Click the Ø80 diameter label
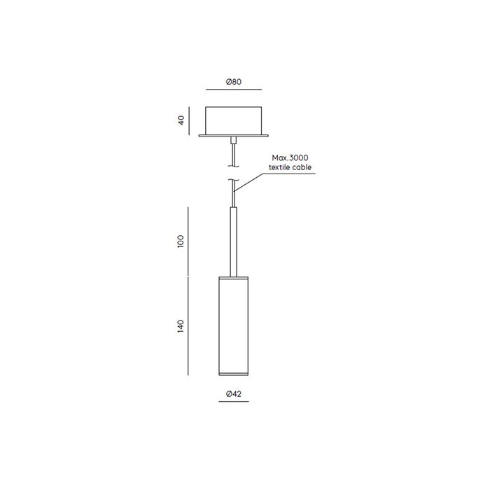234,82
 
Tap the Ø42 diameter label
234,393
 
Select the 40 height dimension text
181,120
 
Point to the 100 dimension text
181,241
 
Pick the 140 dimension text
181,326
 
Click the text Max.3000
290,157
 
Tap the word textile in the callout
279,167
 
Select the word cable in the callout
302,167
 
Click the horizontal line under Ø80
234,90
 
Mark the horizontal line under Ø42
234,401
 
